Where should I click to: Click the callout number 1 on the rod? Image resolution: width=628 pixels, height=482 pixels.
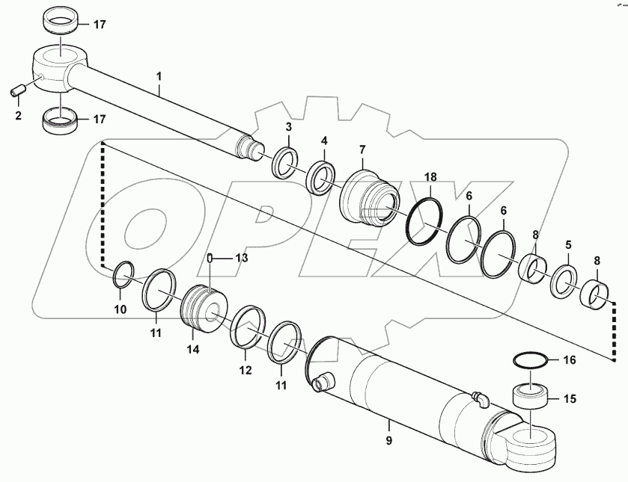[x=159, y=76]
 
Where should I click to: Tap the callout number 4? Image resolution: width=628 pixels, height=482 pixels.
[x=323, y=140]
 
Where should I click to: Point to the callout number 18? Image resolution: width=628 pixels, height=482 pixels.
[x=430, y=178]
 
